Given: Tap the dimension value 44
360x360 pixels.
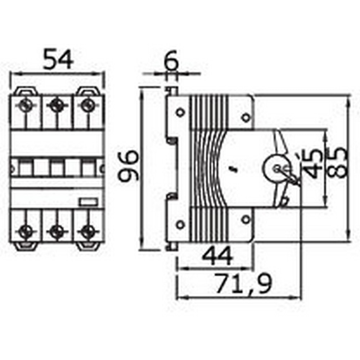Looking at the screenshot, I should [217, 257].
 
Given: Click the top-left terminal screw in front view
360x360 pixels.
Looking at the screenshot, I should [25, 105].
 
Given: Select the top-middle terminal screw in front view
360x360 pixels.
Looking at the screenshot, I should [55, 105].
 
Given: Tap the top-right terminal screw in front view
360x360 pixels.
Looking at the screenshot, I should [86, 105].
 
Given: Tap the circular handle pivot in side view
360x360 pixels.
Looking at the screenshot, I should [276, 168].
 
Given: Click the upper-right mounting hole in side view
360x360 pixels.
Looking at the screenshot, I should [246, 117].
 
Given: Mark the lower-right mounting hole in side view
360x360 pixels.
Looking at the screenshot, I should [246, 219].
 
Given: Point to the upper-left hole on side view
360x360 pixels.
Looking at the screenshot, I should [180, 112].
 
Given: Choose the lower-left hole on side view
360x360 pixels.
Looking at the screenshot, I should [180, 224].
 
